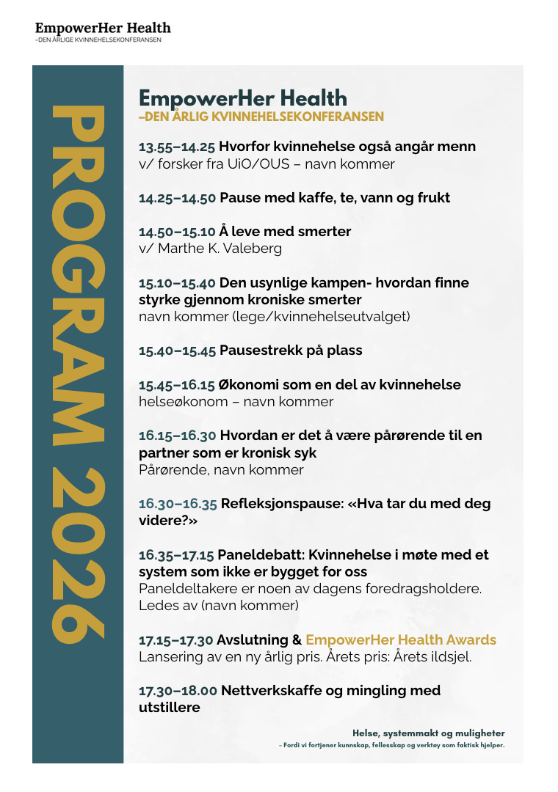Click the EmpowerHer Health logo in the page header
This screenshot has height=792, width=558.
coord(103,29)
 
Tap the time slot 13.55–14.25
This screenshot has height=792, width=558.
coord(175,147)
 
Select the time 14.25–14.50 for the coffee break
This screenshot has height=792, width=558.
coord(177,198)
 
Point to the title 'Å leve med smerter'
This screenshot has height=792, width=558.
coord(285,232)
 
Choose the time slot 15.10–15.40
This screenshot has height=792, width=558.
coord(177,283)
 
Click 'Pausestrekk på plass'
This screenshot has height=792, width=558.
coord(291,351)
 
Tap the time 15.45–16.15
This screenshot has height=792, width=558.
coord(177,385)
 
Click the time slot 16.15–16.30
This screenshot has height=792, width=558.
coord(177,436)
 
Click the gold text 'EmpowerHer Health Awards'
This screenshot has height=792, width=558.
coord(401,640)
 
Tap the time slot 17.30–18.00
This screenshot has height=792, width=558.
coord(178,691)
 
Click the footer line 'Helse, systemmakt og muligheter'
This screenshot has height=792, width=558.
coord(429,733)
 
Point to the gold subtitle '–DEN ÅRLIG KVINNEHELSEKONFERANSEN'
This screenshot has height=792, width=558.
coord(261,117)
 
